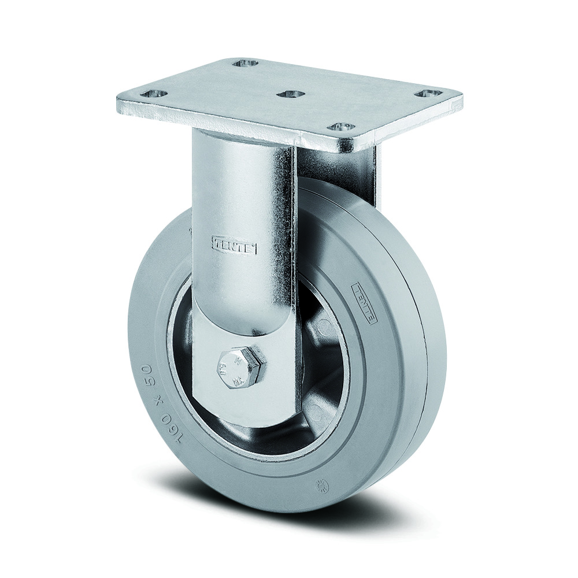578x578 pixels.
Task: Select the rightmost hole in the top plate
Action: coord(429,92)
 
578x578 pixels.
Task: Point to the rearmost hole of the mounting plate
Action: coord(244,63)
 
